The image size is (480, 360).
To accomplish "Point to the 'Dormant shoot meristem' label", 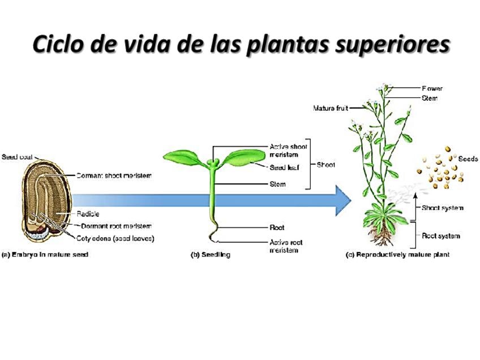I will (x=114, y=175).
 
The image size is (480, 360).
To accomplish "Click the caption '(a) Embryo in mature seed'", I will (x=45, y=255).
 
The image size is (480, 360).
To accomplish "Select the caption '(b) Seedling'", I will (x=210, y=255).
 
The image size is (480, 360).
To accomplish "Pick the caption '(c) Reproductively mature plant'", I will (x=397, y=255).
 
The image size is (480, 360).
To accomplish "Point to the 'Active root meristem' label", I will (x=286, y=246).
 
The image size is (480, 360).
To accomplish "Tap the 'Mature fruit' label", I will (x=331, y=108).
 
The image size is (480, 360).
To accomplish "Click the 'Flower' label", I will (x=432, y=88).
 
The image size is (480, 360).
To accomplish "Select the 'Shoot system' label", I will (x=442, y=208).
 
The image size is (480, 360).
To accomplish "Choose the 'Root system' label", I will (x=440, y=235).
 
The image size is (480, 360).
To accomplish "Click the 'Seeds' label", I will (x=468, y=158).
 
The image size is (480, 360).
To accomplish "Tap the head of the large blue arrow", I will (x=342, y=200).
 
